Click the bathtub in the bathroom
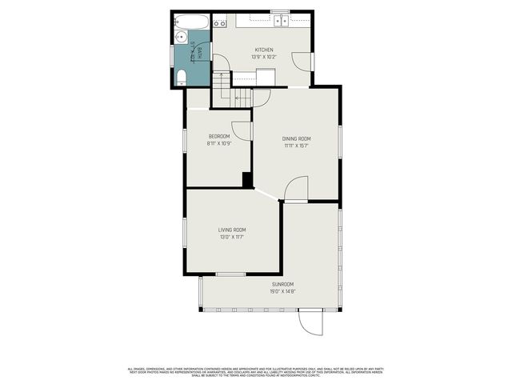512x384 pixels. pyautogui.click(x=192, y=22)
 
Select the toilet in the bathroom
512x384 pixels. pyautogui.click(x=182, y=77)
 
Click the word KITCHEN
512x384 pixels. pyautogui.click(x=264, y=50)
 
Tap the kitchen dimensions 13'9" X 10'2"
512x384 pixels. pyautogui.click(x=264, y=58)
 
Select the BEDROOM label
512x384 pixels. pyautogui.click(x=219, y=136)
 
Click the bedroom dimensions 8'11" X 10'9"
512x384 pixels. pyautogui.click(x=219, y=144)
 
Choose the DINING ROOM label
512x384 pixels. pyautogui.click(x=296, y=138)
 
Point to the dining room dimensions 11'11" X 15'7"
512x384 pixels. pyautogui.click(x=296, y=146)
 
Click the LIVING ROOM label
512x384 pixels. pyautogui.click(x=232, y=230)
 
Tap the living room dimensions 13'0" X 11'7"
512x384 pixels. pyautogui.click(x=232, y=237)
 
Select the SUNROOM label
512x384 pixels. pyautogui.click(x=282, y=285)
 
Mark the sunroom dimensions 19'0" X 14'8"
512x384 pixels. pyautogui.click(x=282, y=292)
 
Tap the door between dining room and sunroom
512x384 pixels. pyautogui.click(x=296, y=190)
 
